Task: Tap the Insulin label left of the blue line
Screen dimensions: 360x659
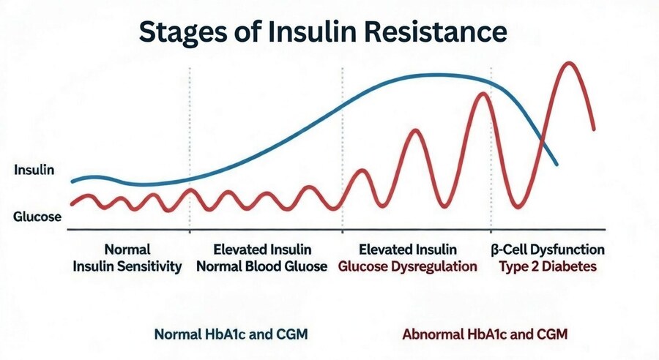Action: point(34,170)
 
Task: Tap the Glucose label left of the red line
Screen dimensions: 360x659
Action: point(37,217)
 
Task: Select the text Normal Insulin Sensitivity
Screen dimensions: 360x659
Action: point(127,258)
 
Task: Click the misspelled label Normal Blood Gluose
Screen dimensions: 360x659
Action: point(262,266)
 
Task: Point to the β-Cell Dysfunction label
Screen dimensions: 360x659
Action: point(547,249)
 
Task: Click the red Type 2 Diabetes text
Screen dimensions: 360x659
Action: point(548,266)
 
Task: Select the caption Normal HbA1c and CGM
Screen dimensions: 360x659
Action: point(231,334)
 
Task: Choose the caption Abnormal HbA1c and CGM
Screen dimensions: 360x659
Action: point(485,334)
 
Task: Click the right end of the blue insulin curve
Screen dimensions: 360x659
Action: point(557,164)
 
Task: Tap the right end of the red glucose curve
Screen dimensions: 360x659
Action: point(593,129)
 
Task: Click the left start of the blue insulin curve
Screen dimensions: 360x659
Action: point(72,181)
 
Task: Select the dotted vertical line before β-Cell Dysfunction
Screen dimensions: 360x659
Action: point(491,146)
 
